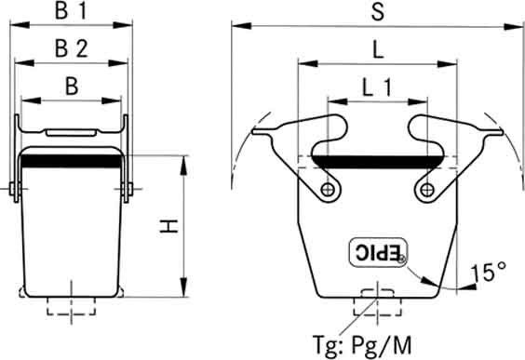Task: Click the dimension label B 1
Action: [x=71, y=11]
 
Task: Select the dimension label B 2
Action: [x=72, y=48]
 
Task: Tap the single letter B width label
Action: [x=72, y=87]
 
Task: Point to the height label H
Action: [x=168, y=226]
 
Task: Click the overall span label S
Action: [x=378, y=11]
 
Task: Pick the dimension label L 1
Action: [x=377, y=87]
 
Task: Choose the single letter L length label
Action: [x=378, y=50]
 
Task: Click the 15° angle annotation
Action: [x=488, y=272]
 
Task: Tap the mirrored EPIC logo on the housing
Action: [x=378, y=253]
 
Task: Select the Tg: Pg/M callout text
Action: [x=362, y=344]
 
